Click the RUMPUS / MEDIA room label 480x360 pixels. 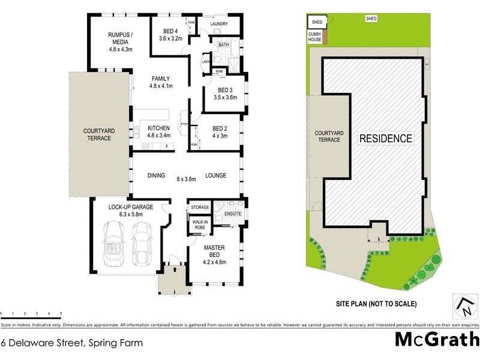(119, 38)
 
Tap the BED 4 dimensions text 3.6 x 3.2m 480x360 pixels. (169, 38)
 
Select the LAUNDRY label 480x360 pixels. (219, 25)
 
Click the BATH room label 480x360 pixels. (224, 45)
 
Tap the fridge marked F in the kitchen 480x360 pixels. (166, 146)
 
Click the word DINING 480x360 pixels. (156, 176)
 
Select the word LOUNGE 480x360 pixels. (215, 176)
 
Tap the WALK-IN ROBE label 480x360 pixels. (199, 225)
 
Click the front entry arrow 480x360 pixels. (175, 269)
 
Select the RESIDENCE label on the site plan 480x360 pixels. (386, 139)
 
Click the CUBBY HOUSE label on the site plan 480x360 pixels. (315, 37)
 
